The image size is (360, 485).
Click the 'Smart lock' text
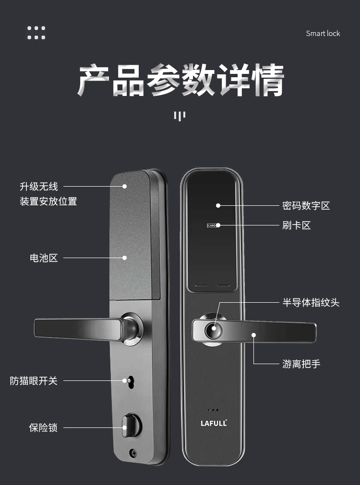pos(323,33)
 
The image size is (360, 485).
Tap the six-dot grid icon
pos(36,33)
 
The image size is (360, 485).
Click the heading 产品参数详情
pos(181,80)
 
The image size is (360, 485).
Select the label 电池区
pos(44,258)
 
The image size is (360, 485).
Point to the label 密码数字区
pos(306,206)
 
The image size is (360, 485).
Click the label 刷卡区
pos(297,225)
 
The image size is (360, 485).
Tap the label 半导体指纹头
pos(311,303)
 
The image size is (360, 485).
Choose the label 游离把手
pos(301,364)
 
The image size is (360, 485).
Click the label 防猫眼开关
pos(34,381)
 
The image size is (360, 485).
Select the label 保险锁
pos(43,427)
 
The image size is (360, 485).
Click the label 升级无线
pos(38,187)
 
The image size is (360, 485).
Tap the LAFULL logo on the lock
pos(214,423)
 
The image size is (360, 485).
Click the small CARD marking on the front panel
pos(212,225)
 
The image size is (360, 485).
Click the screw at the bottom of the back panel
pos(133,452)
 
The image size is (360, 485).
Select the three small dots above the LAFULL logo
pos(214,410)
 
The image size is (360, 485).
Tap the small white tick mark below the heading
pos(180,116)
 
